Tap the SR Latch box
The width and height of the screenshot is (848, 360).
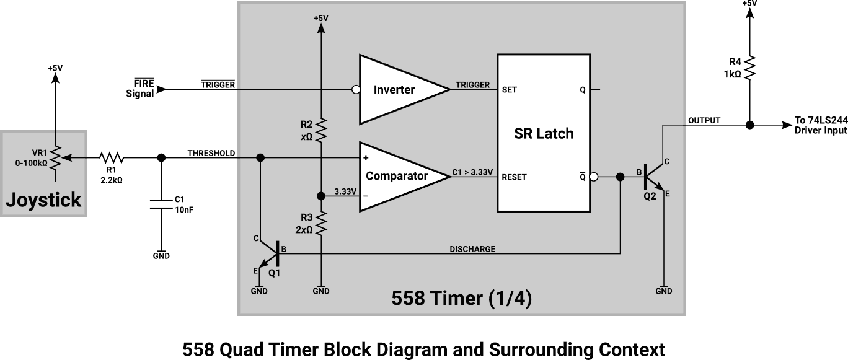[x=543, y=134]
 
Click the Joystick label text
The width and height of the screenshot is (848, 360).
[x=43, y=200]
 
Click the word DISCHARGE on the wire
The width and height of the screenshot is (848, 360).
[x=472, y=249]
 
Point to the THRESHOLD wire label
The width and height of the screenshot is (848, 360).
[x=211, y=153]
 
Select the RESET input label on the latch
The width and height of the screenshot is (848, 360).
[x=515, y=177]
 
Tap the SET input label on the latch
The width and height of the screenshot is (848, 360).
[x=510, y=90]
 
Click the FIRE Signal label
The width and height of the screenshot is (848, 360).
[x=140, y=89]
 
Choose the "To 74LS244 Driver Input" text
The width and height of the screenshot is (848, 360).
[x=819, y=125]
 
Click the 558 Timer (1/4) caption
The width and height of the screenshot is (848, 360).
[x=462, y=299]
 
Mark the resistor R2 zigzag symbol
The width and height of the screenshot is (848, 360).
[x=321, y=131]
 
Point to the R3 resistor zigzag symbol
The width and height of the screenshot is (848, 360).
[x=321, y=224]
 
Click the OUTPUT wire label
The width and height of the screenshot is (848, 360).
[x=704, y=120]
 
